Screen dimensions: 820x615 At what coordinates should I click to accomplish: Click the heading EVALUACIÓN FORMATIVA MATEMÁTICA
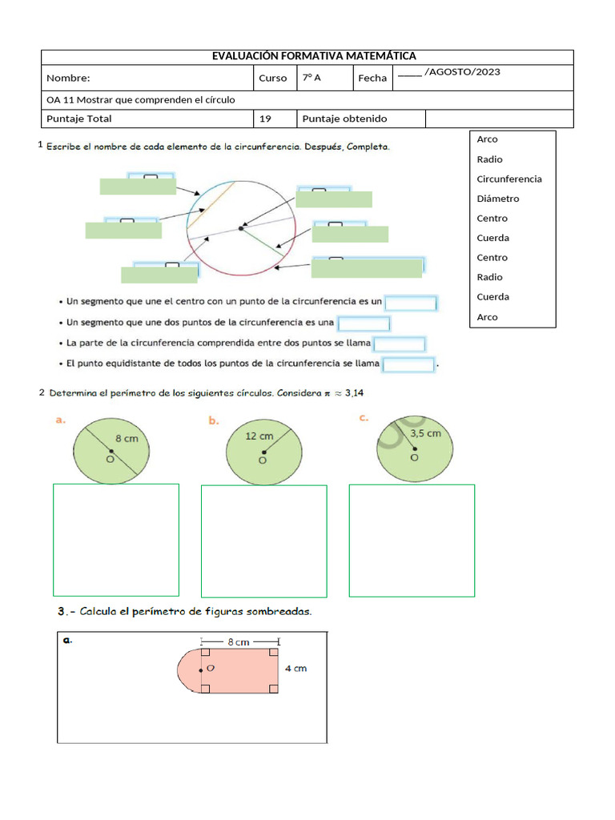click(x=314, y=56)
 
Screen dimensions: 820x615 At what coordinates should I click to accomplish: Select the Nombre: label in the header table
click(x=68, y=78)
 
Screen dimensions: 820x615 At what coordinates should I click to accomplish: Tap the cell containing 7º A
click(x=312, y=78)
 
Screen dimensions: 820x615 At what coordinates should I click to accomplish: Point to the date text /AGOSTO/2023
click(x=462, y=72)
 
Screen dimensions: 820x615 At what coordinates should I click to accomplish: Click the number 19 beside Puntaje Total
click(x=265, y=119)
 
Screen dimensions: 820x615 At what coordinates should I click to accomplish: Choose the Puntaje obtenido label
click(x=344, y=119)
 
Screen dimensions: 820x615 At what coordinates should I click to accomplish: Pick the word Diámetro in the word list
click(x=497, y=199)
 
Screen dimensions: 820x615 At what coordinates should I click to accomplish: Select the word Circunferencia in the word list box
click(x=508, y=179)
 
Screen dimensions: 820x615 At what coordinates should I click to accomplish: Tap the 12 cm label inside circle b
click(x=259, y=436)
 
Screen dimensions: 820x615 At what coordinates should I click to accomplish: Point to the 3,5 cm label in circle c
click(x=425, y=433)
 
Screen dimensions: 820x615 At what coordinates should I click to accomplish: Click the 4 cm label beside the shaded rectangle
click(x=295, y=668)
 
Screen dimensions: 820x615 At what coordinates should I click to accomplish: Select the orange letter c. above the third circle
click(x=364, y=418)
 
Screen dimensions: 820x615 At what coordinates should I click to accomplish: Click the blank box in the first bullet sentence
click(x=410, y=303)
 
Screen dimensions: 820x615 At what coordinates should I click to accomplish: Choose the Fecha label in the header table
click(x=372, y=78)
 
